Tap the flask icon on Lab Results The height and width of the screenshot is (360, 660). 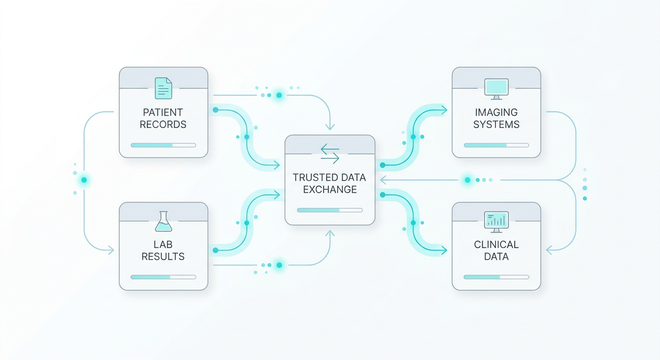(x=163, y=221)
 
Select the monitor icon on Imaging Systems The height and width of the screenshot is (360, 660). (x=496, y=88)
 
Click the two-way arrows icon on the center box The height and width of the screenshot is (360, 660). (x=329, y=153)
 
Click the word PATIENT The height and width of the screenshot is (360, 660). (x=163, y=113)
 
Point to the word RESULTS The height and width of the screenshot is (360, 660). (x=163, y=257)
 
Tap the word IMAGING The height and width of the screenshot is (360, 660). (x=496, y=113)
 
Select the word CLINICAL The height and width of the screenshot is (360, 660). (x=496, y=245)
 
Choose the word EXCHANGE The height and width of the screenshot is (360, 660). (x=329, y=190)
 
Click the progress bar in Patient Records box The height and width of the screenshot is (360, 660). (x=163, y=145)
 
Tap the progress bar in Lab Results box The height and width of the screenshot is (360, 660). (x=163, y=277)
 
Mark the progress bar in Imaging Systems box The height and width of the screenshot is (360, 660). (x=496, y=145)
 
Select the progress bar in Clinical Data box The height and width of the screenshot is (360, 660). (x=496, y=277)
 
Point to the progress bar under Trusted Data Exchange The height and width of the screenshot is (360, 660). (x=329, y=210)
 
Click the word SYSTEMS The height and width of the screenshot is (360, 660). (x=496, y=124)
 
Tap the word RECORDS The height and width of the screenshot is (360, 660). (x=163, y=124)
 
